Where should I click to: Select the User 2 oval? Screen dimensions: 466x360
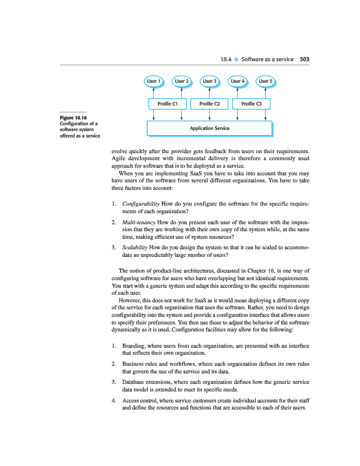click(x=181, y=81)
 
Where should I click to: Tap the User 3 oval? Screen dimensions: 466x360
click(x=210, y=81)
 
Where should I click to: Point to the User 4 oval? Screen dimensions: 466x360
click(x=237, y=81)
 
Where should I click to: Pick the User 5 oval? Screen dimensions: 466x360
click(x=266, y=81)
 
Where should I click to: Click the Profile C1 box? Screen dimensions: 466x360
click(x=167, y=104)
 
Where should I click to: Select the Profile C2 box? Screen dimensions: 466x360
click(x=209, y=104)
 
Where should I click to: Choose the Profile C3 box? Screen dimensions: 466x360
click(x=252, y=104)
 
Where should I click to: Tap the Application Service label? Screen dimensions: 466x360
click(x=210, y=128)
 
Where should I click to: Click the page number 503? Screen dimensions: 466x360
click(x=304, y=59)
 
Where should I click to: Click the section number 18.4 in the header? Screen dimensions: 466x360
click(x=227, y=59)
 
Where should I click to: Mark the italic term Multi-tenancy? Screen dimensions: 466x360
click(x=139, y=223)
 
